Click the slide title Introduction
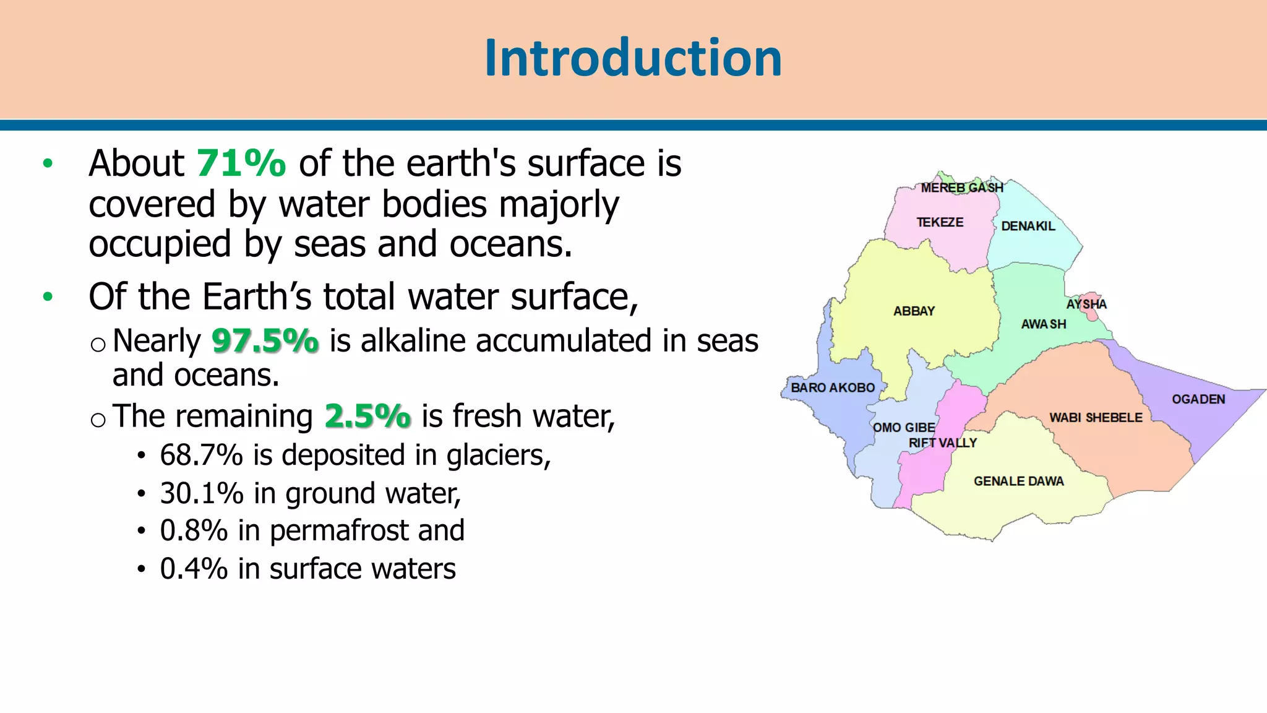(633, 58)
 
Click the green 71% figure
(241, 163)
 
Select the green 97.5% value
(265, 341)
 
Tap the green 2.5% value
(367, 416)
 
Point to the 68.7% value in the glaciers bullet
(201, 456)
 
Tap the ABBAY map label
(914, 311)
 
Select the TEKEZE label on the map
(940, 222)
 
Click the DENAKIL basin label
(1028, 226)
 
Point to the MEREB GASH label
(962, 188)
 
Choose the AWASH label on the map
(1044, 324)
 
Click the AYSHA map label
(1086, 304)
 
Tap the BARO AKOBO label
(833, 388)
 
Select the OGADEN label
(1198, 399)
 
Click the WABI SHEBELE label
(1096, 418)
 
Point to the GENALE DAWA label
(1019, 481)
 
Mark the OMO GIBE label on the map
(904, 428)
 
